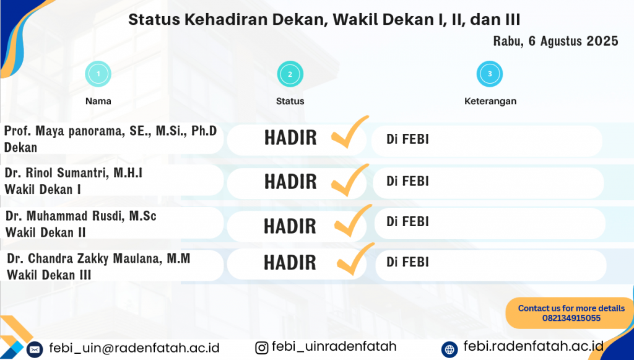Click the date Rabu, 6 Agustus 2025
(x=555, y=42)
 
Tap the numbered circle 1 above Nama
(x=98, y=74)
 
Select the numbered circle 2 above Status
(x=290, y=74)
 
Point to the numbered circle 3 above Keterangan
(x=490, y=74)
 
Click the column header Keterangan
(x=490, y=101)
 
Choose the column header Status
(x=290, y=101)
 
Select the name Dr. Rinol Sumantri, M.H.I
(x=74, y=173)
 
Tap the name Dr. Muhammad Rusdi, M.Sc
(x=81, y=216)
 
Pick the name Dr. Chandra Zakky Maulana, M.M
(x=98, y=258)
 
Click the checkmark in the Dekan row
(x=350, y=132)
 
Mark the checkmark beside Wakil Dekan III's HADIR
(x=355, y=259)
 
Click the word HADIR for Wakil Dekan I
(x=290, y=182)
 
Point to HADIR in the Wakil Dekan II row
(x=290, y=226)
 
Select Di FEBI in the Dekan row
(x=407, y=139)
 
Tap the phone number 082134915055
(x=571, y=318)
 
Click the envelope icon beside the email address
(x=35, y=349)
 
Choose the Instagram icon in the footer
(x=262, y=348)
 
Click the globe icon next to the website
(x=449, y=349)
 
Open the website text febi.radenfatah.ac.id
(x=533, y=346)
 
